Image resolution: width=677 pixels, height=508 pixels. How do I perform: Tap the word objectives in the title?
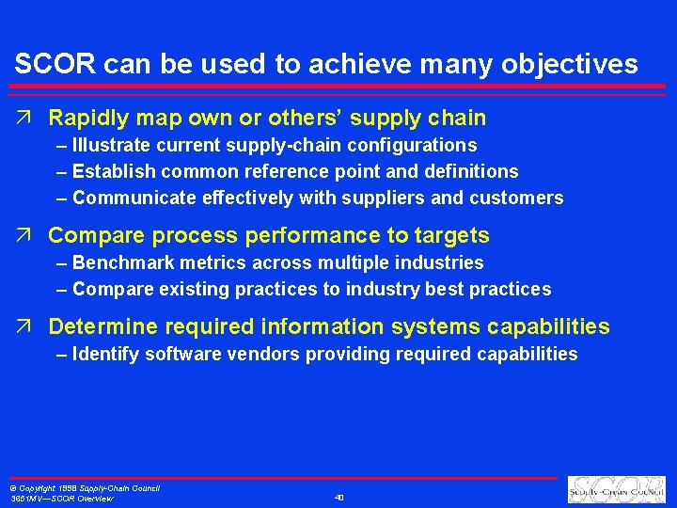(579, 64)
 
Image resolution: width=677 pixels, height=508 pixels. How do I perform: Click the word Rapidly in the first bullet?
(89, 119)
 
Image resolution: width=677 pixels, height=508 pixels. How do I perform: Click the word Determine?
(103, 327)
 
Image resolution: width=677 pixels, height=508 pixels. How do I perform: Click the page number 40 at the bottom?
(339, 498)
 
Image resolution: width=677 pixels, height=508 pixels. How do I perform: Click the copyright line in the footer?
(84, 488)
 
